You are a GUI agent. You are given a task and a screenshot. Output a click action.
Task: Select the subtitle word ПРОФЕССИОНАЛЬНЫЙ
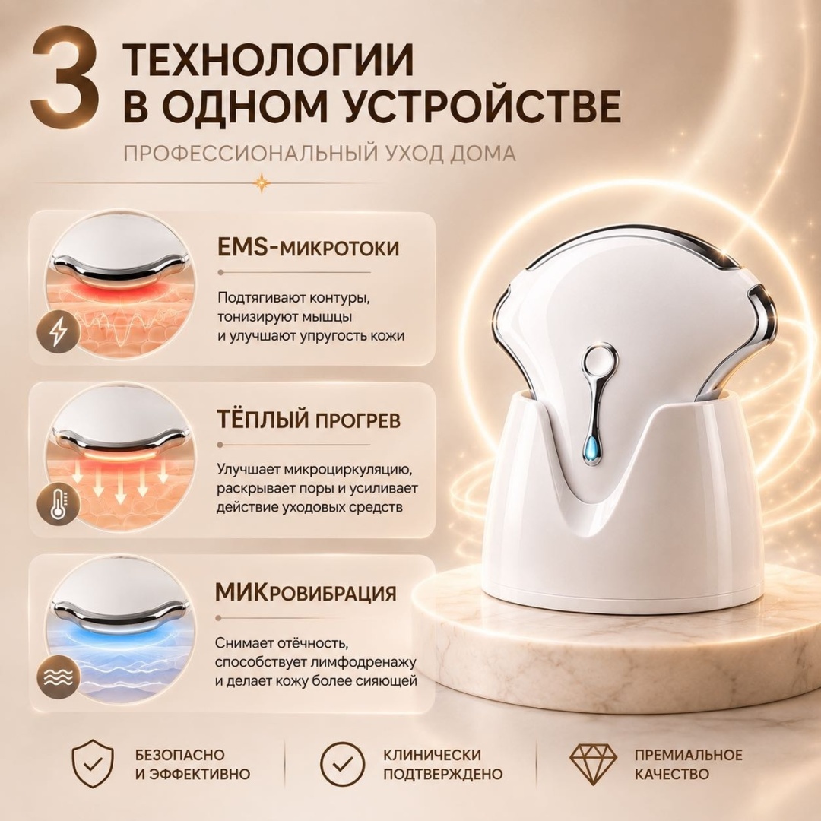[250, 154]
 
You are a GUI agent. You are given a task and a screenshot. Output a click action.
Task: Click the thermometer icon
[58, 505]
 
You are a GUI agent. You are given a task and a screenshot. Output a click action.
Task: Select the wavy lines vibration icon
[58, 677]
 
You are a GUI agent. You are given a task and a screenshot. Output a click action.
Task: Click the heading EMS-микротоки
[308, 247]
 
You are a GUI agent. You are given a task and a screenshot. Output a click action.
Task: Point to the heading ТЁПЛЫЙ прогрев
[309, 420]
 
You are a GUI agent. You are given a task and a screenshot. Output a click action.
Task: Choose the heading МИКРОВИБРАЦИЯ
[306, 593]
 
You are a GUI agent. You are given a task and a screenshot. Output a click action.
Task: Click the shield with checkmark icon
[92, 764]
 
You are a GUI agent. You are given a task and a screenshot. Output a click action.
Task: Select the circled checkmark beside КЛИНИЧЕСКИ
[342, 764]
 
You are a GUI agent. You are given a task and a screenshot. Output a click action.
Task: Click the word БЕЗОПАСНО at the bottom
[179, 755]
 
